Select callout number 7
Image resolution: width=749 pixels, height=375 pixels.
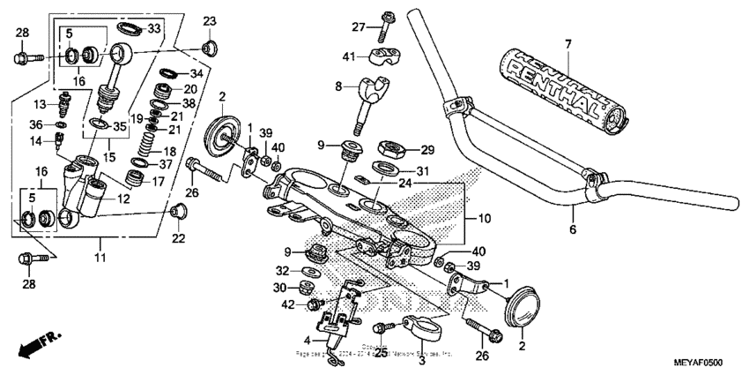(x=568, y=43)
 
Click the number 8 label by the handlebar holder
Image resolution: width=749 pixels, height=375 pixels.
(x=337, y=86)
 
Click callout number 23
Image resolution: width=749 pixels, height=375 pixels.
(x=209, y=21)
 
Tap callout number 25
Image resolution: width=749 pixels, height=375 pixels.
(x=381, y=352)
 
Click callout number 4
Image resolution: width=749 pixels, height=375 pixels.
(x=308, y=340)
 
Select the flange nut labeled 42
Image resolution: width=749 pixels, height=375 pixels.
(x=313, y=304)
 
